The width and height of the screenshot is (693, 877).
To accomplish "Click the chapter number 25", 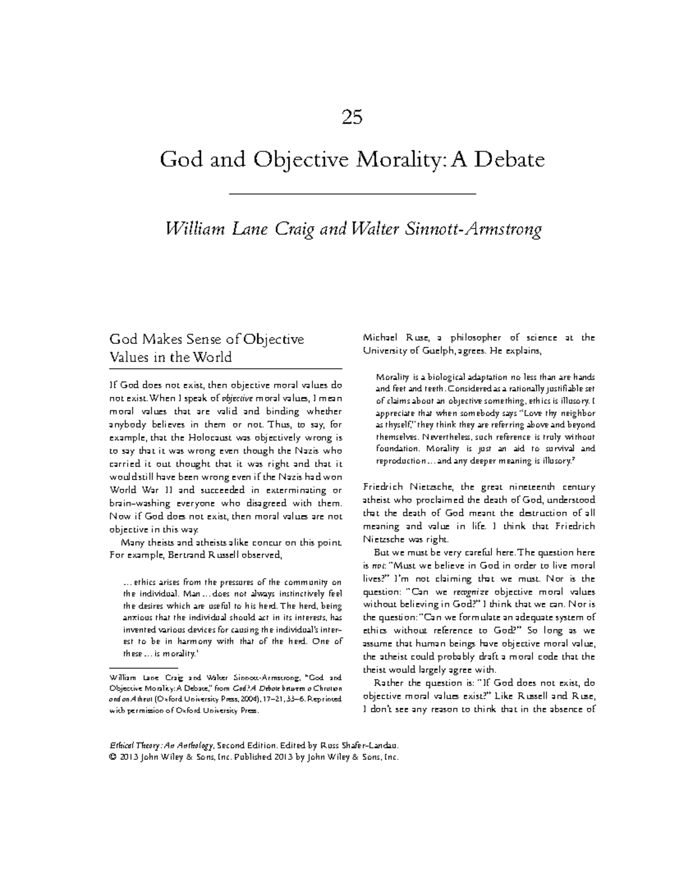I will coord(352,118).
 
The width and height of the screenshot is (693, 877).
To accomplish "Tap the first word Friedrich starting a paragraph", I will coord(386,487).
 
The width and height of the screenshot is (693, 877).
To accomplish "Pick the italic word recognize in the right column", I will coord(471,592).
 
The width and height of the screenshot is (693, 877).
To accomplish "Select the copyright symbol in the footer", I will coord(112,757).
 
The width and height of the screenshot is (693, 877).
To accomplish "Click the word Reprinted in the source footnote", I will coord(324,699).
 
